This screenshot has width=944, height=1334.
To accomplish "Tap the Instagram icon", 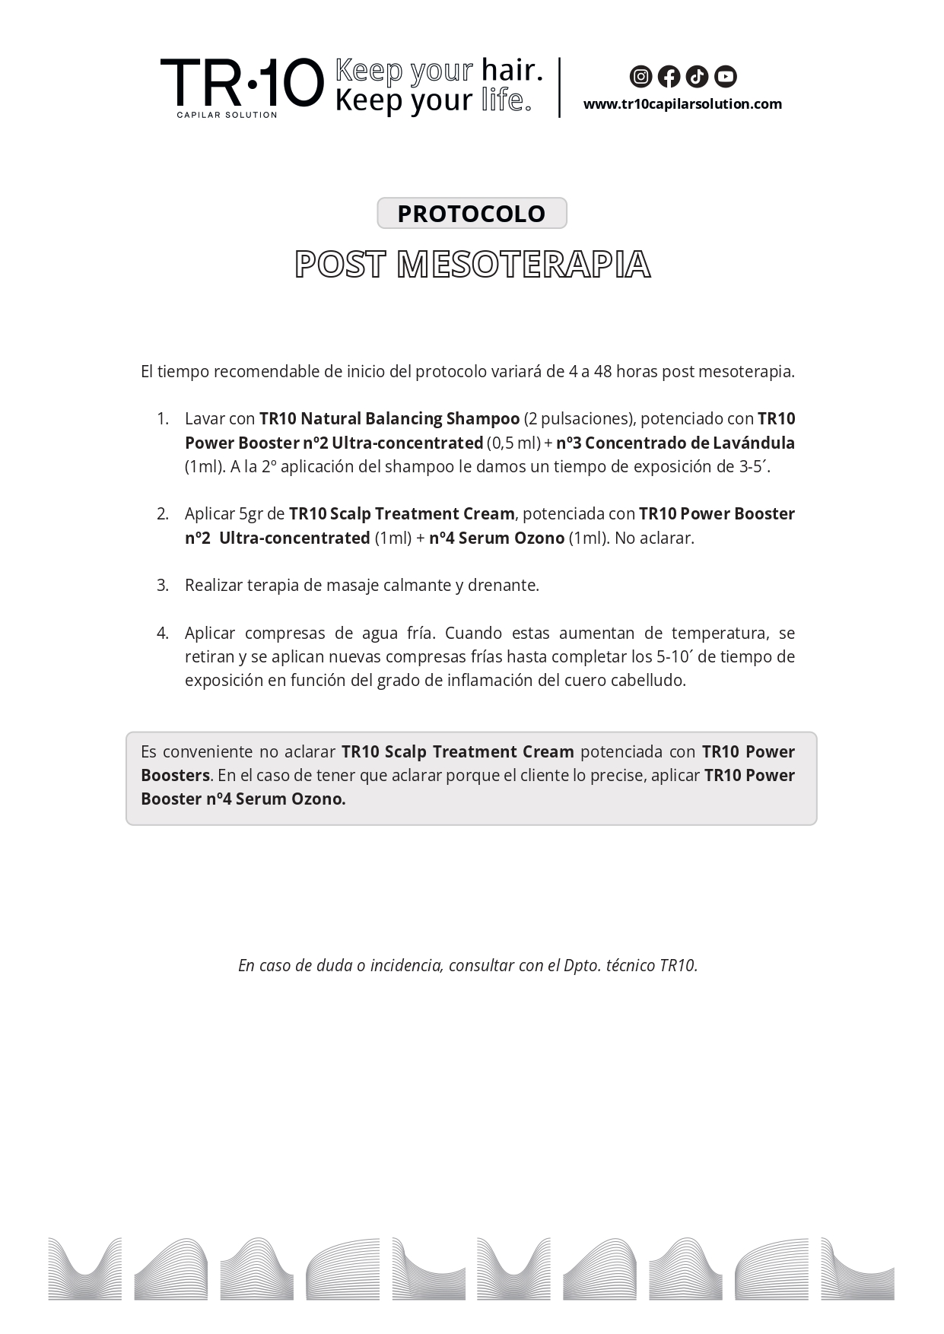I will pos(640,76).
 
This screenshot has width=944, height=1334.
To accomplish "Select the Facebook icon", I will pos(669,76).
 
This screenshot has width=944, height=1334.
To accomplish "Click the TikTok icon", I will pos(697,76).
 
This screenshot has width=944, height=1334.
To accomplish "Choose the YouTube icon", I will pos(726,76).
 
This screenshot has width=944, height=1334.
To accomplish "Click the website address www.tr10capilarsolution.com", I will pos(682,104).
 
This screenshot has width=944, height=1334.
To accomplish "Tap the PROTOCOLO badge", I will pos(472,213).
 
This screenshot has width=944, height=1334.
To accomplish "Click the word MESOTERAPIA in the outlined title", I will pos(523,265).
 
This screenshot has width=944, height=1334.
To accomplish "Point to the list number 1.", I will pos(162,419).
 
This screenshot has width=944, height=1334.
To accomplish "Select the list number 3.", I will pos(162,586).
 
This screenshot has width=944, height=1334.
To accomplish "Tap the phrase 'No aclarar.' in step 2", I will pos(654,538).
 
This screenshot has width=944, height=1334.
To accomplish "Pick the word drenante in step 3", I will pos(503,586).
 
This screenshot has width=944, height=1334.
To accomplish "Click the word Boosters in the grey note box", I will pos(175,776).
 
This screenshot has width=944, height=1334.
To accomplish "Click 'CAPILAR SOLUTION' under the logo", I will pos(227,115).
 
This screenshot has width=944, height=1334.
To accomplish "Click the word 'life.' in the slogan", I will pos(507,100).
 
